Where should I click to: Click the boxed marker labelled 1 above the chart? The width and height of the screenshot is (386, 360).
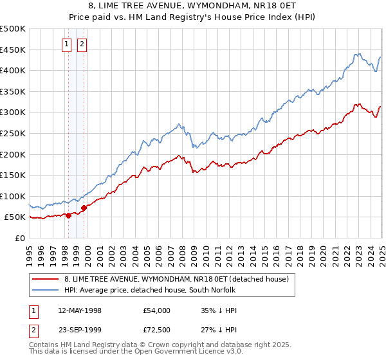pos(68,44)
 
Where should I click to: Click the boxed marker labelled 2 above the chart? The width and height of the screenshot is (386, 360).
pos(82,44)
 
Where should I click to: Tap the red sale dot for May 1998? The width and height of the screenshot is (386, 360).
pos(68,215)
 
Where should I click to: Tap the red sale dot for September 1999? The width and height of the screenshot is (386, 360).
pos(84,208)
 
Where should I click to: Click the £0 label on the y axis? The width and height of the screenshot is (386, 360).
pos(20,238)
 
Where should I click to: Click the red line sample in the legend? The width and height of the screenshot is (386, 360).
pos(46,279)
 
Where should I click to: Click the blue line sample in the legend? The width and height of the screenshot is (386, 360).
pos(46,291)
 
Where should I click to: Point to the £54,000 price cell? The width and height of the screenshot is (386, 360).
pos(156,310)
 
